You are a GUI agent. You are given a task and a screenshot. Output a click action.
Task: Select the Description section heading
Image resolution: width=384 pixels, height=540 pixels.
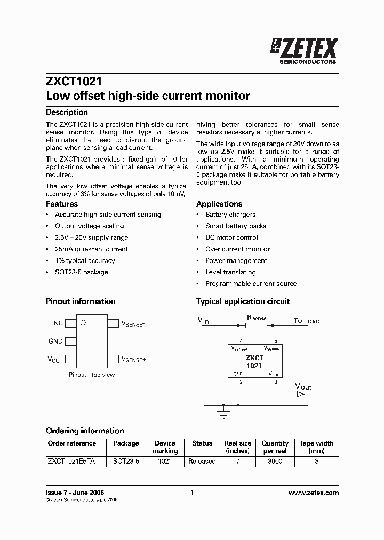click(x=67, y=112)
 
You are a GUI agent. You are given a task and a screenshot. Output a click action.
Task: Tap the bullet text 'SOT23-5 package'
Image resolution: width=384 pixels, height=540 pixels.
click(x=81, y=272)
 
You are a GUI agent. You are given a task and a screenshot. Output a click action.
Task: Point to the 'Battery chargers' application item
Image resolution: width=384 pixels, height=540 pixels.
click(x=230, y=215)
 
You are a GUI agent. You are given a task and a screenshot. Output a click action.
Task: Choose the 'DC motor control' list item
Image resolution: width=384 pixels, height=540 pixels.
click(x=231, y=237)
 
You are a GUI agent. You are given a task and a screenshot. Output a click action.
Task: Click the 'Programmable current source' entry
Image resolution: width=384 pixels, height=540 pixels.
click(x=251, y=284)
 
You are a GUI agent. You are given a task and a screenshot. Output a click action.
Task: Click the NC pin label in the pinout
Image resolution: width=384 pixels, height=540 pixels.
click(x=58, y=323)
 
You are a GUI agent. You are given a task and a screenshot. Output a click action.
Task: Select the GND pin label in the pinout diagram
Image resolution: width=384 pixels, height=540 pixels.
click(x=55, y=341)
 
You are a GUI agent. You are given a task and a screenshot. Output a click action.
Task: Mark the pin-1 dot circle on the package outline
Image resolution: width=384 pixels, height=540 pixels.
click(x=83, y=323)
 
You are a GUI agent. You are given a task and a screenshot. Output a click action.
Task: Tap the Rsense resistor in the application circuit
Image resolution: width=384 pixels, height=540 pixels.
click(x=255, y=325)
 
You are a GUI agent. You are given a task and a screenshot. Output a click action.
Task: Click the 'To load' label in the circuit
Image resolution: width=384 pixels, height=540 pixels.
click(x=307, y=321)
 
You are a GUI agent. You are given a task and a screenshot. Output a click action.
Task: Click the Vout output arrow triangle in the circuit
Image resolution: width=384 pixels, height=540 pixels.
click(x=301, y=394)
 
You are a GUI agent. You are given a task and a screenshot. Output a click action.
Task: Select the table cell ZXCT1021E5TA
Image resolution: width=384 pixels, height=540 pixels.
click(x=71, y=461)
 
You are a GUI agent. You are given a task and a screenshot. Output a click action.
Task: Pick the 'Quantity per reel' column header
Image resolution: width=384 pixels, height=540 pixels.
click(x=275, y=447)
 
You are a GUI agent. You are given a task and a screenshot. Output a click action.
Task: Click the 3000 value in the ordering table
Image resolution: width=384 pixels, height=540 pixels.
click(x=275, y=461)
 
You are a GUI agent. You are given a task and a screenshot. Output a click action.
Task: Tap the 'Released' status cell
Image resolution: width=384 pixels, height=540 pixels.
click(x=202, y=461)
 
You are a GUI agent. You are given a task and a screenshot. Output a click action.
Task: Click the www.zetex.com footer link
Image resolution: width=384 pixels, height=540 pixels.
click(x=313, y=493)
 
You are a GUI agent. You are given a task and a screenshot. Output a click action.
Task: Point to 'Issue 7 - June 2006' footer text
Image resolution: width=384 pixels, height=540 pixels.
click(x=75, y=493)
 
